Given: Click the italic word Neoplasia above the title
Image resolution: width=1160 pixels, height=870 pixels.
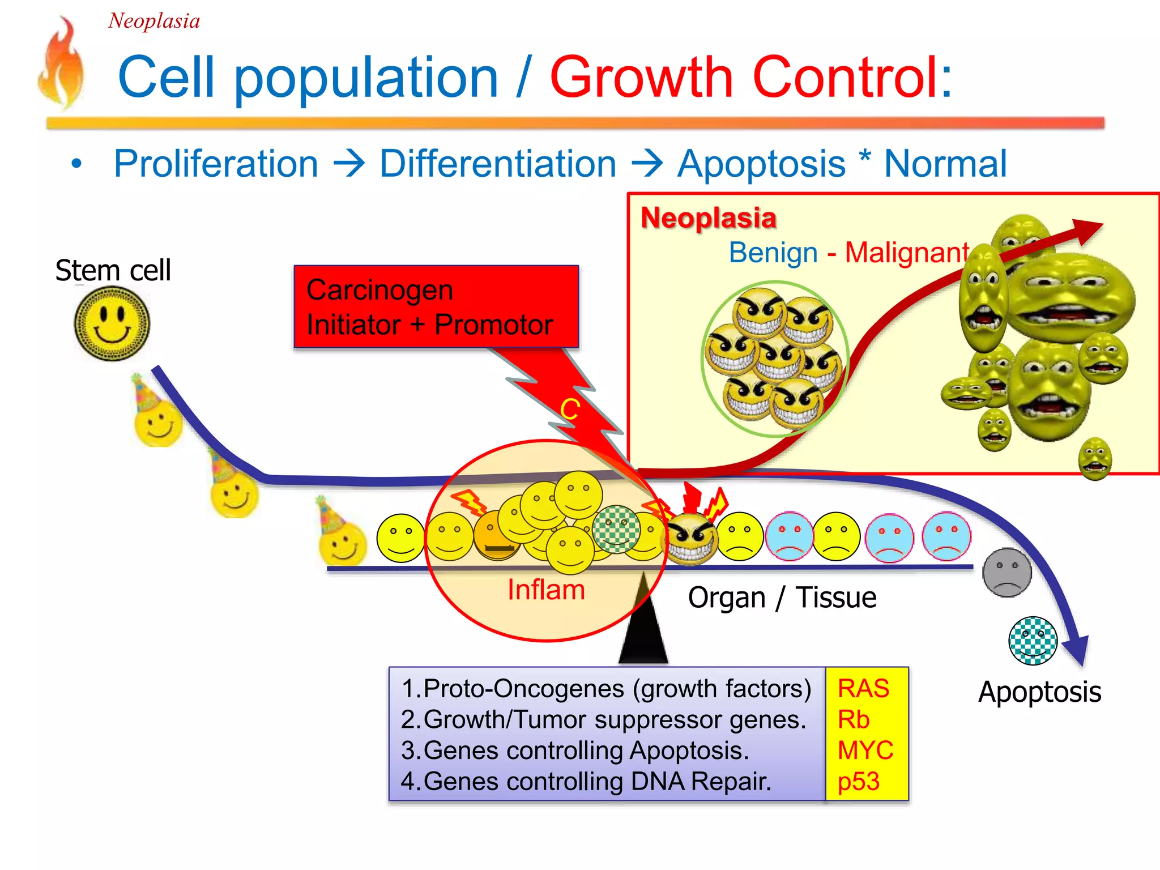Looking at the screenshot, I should coord(154,22).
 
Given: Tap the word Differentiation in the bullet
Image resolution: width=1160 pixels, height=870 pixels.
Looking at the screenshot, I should coord(497,164).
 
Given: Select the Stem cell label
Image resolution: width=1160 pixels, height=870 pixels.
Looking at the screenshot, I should coord(113,270).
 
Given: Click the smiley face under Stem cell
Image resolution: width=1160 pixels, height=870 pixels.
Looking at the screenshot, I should coord(112,323).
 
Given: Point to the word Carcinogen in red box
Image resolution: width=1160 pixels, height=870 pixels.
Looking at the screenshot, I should coord(379,290).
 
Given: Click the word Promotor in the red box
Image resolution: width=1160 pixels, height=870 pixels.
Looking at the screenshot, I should coord(493,325).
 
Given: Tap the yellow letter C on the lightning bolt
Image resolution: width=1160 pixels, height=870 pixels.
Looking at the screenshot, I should coord(570,409).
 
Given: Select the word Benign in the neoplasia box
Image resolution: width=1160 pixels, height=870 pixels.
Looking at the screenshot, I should coord(773,253).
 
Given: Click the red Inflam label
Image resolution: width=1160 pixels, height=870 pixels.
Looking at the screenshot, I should coord(546,590).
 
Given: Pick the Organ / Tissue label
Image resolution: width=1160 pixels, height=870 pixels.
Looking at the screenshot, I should coord(782,598).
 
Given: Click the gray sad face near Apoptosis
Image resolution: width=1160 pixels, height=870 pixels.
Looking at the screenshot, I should coord(1007,572).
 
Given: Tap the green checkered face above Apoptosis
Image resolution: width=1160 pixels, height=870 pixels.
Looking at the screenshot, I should coord(1033,641).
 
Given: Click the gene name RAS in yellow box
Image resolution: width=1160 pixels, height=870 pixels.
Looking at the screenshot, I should coord(863,689).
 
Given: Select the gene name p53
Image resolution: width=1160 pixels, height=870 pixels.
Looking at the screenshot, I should coord(858,782).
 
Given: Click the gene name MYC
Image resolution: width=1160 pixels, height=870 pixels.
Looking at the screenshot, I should coord(865,750).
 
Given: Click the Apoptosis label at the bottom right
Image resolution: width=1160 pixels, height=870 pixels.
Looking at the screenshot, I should coord(1039,692).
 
